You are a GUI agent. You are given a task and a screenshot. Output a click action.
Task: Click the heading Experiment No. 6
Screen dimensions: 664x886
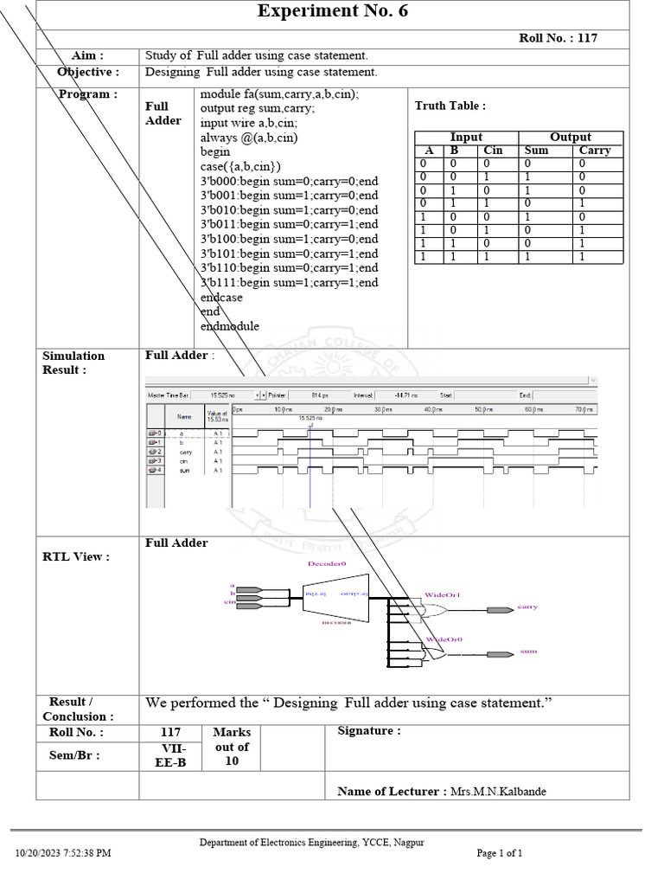(x=333, y=12)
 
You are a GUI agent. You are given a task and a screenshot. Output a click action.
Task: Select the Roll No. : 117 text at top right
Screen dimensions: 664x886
(x=558, y=38)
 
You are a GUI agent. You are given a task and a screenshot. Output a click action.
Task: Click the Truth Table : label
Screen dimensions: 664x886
(x=450, y=106)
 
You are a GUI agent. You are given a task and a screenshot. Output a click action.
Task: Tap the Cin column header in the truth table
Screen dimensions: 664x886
(x=493, y=151)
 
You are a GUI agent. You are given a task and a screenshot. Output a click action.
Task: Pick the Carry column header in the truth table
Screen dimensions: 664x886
(x=595, y=151)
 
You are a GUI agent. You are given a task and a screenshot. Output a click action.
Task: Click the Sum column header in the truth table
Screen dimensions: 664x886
(x=537, y=151)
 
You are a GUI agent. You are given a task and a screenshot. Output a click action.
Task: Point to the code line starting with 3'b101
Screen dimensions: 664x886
(x=289, y=254)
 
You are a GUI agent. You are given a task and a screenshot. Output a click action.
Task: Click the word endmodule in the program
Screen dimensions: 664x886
(x=230, y=326)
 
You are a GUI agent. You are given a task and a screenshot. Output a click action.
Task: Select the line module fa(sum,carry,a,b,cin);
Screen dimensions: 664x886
(x=279, y=93)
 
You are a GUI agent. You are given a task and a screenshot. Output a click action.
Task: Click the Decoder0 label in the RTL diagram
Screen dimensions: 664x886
(x=326, y=563)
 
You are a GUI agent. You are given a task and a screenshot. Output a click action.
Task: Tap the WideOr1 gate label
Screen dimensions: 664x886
(x=443, y=595)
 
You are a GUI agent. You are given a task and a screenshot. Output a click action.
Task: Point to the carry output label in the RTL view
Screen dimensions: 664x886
(x=527, y=607)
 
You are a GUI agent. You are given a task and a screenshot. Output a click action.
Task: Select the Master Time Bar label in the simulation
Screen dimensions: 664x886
(x=169, y=395)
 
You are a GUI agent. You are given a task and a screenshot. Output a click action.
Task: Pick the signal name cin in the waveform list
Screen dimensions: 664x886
(x=185, y=461)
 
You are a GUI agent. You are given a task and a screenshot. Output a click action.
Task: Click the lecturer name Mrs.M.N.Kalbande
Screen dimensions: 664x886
(x=499, y=792)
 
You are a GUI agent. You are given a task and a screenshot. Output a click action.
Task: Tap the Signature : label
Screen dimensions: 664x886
(x=369, y=731)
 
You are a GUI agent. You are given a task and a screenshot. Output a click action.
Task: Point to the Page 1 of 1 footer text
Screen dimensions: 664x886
(x=500, y=853)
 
